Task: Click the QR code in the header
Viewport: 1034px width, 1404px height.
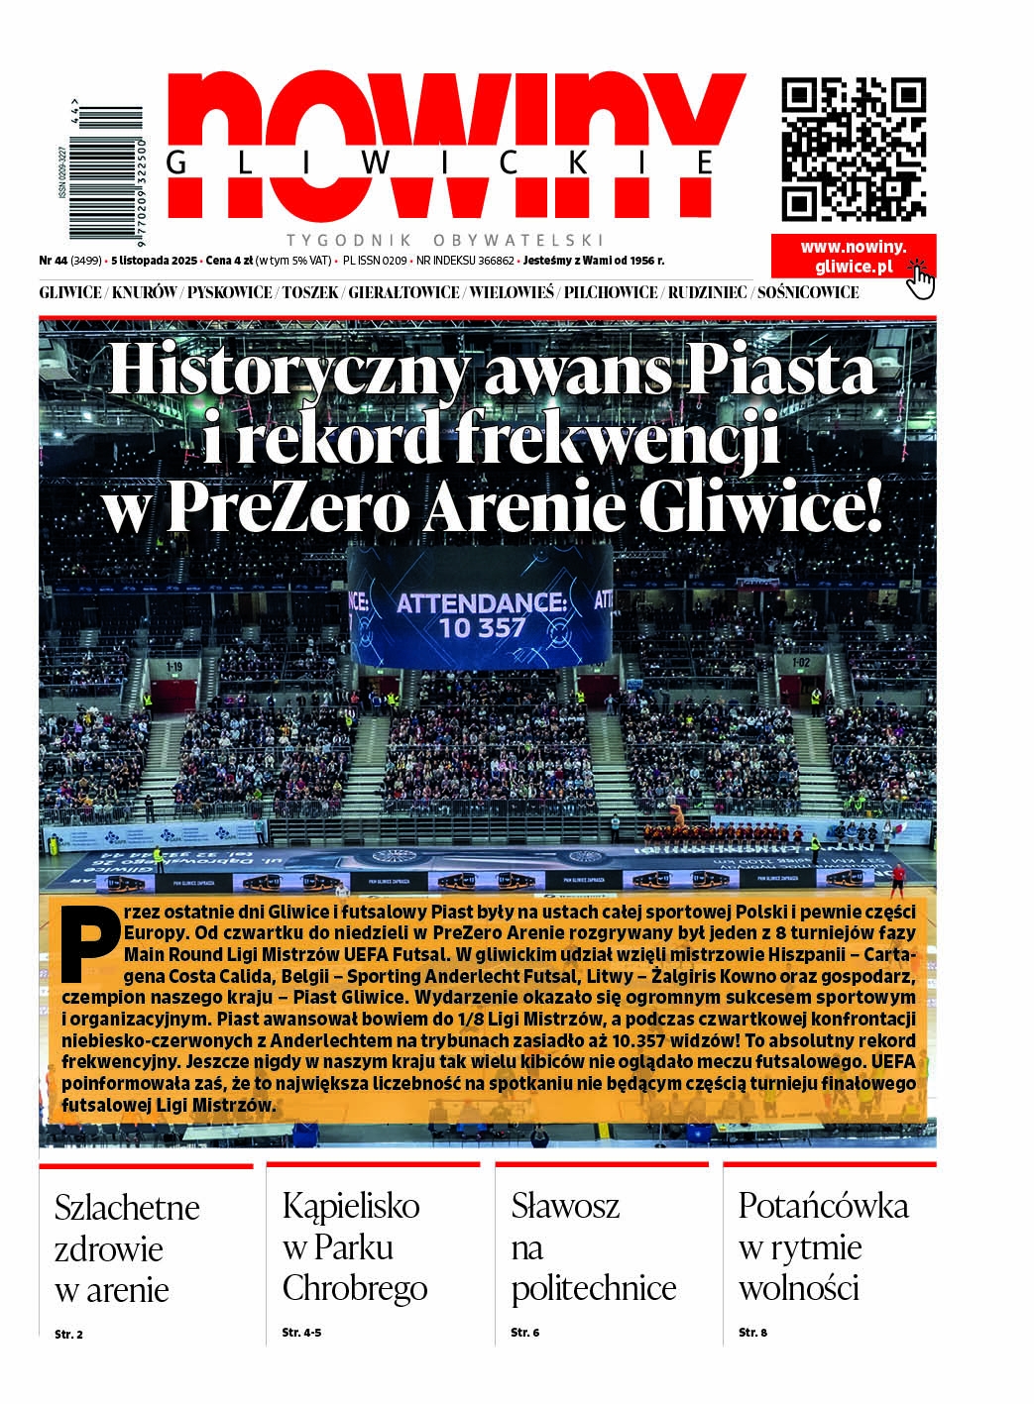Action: pyautogui.click(x=854, y=149)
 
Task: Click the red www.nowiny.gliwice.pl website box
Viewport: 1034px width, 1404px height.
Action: pyautogui.click(x=853, y=257)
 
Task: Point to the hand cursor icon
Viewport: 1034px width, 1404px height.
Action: pyautogui.click(x=921, y=278)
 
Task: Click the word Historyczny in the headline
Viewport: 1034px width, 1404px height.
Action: pyautogui.click(x=288, y=370)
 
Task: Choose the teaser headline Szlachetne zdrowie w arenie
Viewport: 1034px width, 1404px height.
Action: pyautogui.click(x=127, y=1248)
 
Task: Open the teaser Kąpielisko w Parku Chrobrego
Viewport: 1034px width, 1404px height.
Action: pyautogui.click(x=354, y=1246)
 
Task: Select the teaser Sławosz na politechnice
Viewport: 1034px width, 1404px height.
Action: pyautogui.click(x=593, y=1246)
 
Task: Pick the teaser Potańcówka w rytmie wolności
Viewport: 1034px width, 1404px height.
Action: pyautogui.click(x=823, y=1246)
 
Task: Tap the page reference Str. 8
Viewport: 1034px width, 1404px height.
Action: pyautogui.click(x=752, y=1333)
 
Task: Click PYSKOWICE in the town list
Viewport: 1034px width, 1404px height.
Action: pyautogui.click(x=229, y=292)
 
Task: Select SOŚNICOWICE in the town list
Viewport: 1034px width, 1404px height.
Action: pyautogui.click(x=807, y=292)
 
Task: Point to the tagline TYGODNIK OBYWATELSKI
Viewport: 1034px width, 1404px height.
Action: pyautogui.click(x=445, y=240)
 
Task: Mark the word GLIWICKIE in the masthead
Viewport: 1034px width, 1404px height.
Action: pyautogui.click(x=441, y=163)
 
